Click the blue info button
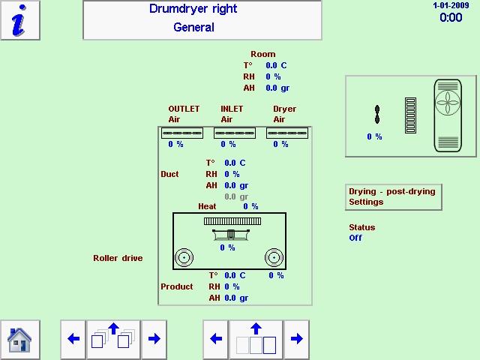[x=20, y=20]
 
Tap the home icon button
[x=19, y=340]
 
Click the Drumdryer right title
[x=193, y=10]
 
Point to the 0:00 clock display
[x=451, y=17]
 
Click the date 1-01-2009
[x=451, y=5]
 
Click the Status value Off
[x=355, y=238]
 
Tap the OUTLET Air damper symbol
[x=182, y=133]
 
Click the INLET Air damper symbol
[x=235, y=133]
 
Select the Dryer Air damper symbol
[x=287, y=133]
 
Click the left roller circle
[x=184, y=259]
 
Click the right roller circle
[x=274, y=259]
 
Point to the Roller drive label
[x=118, y=259]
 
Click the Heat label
[x=207, y=207]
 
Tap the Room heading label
[x=263, y=55]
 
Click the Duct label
[x=170, y=174]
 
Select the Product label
[x=177, y=286]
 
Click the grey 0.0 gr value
[x=236, y=196]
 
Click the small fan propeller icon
[x=377, y=114]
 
